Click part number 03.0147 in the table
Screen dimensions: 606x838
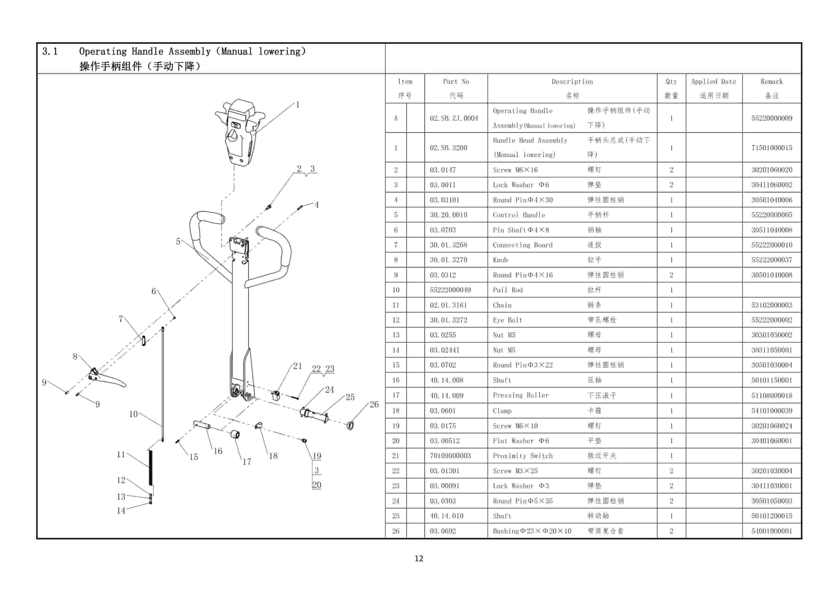coord(442,170)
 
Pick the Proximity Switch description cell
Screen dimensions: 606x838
coord(523,456)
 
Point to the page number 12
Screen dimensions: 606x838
coord(419,558)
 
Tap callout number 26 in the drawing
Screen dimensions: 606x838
coord(374,404)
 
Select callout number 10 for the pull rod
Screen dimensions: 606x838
coord(133,414)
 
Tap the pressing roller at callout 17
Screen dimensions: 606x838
coord(235,434)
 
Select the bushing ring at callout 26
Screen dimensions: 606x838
coord(350,426)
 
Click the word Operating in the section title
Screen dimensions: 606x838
coord(103,52)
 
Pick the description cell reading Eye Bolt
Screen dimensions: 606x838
coord(507,320)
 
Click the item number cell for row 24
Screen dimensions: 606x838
coord(395,501)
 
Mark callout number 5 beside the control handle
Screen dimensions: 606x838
coord(178,242)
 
